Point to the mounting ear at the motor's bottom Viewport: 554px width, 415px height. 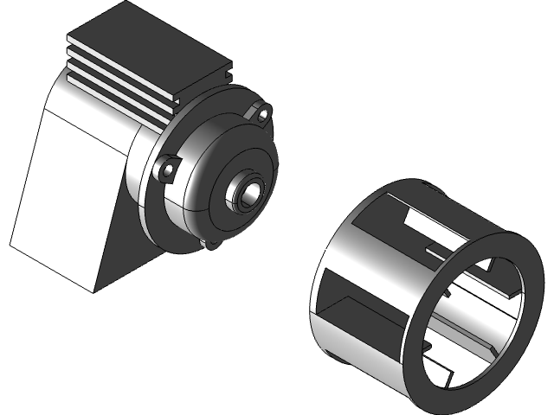coord(207,245)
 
